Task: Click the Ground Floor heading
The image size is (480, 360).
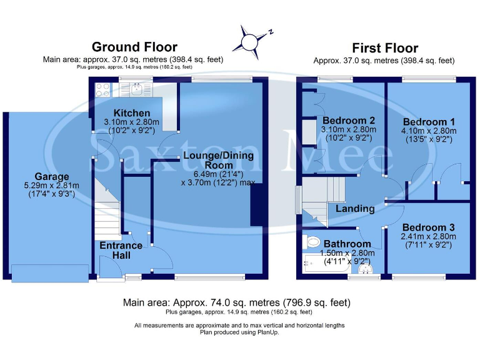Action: (x=134, y=47)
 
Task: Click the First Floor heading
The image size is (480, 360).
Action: (x=385, y=48)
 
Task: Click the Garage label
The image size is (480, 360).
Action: (x=52, y=177)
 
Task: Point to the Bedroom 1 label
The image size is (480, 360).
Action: (x=429, y=122)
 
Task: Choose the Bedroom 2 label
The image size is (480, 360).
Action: (x=349, y=121)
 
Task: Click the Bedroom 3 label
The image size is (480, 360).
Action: (x=429, y=227)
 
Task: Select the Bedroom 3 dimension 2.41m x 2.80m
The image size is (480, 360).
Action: (x=429, y=237)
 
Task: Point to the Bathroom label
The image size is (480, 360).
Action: (x=347, y=244)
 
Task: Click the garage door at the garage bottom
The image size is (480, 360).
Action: (x=48, y=272)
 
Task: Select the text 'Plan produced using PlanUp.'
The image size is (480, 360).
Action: (x=239, y=332)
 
